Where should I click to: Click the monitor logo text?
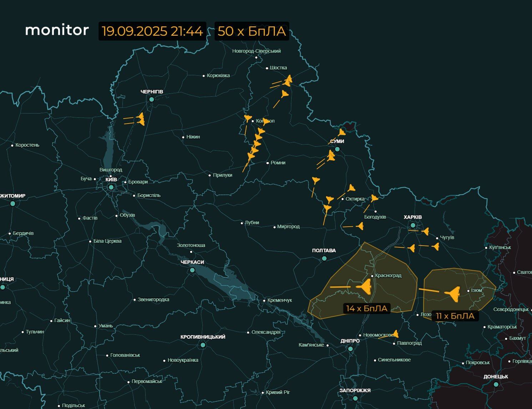57,30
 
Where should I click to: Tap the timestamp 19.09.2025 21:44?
152,31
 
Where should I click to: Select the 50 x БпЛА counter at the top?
252,31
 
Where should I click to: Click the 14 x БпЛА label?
367,308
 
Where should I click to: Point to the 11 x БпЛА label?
455,316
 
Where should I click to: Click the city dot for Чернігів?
151,99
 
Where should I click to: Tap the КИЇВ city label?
111,180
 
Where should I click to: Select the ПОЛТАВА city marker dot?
324,258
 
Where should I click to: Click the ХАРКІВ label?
412,217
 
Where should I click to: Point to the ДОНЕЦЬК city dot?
496,384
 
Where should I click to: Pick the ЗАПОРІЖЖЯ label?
355,390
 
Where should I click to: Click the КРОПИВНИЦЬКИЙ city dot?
203,345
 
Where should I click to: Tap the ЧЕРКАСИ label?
192,262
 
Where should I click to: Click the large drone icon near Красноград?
365,287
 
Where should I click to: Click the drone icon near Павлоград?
395,334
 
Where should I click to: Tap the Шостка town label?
278,68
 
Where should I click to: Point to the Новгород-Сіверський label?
256,51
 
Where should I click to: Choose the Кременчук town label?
280,301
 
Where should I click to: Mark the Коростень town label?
27,145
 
